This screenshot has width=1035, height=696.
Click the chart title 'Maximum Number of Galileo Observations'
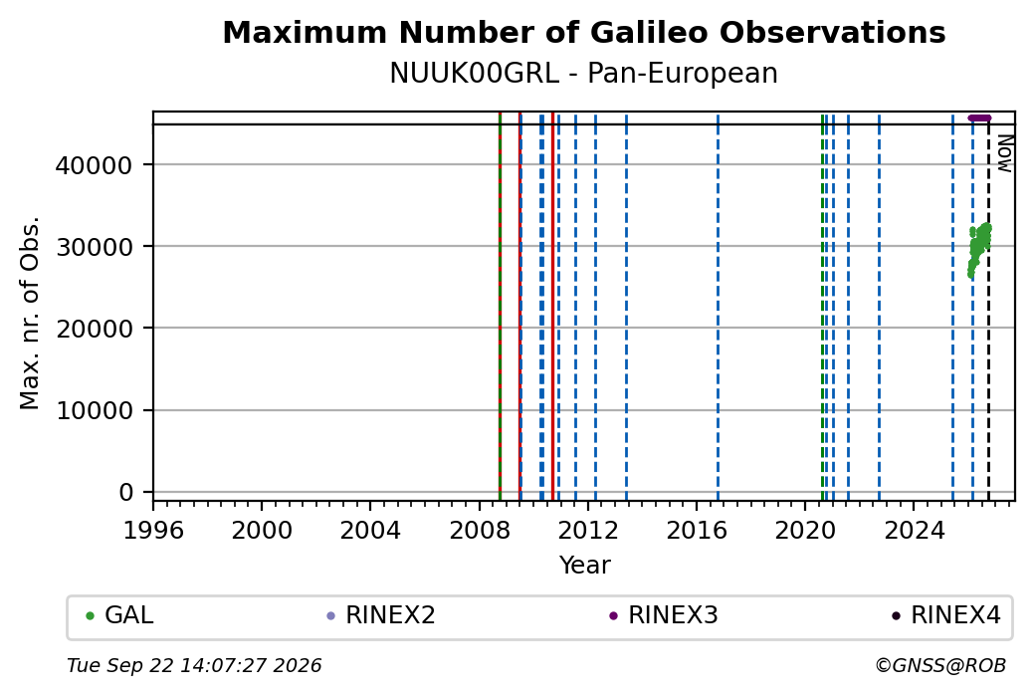(584, 32)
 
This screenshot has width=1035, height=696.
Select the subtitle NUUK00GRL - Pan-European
(583, 74)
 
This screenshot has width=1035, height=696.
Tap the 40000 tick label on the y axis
(95, 165)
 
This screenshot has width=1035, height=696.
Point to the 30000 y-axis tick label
(95, 247)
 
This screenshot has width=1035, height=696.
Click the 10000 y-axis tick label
(95, 411)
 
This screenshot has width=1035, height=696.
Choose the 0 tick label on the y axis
(126, 493)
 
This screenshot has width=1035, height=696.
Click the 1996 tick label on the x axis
(153, 530)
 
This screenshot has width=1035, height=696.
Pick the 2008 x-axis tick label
(480, 530)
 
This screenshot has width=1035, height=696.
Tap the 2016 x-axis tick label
(697, 530)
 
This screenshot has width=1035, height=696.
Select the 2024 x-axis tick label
(914, 530)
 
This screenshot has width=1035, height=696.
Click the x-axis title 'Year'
(585, 566)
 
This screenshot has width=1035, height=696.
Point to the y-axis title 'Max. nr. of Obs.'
(30, 313)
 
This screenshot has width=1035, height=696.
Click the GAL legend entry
(119, 615)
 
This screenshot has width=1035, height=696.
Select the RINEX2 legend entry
(381, 615)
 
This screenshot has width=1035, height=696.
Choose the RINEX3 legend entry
(664, 615)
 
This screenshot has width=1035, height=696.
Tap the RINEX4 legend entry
(945, 615)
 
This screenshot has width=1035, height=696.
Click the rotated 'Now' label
(1004, 153)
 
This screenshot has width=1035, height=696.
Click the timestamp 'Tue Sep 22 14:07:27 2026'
(194, 665)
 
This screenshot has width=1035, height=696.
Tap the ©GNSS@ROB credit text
(940, 665)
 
